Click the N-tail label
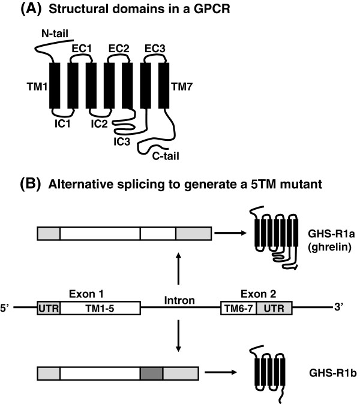[x=55, y=34]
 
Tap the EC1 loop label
[x=82, y=49]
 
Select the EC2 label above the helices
[x=119, y=49]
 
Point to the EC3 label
[x=155, y=49]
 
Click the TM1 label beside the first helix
[x=37, y=86]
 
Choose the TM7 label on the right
[x=182, y=86]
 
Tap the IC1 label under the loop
[x=62, y=124]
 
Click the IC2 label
[x=99, y=124]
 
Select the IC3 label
[x=122, y=141]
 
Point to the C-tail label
[x=166, y=156]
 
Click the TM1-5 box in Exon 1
[x=100, y=308]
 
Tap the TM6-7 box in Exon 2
[x=239, y=308]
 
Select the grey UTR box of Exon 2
[x=274, y=308]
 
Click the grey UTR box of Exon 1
[x=49, y=308]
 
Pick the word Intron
[x=179, y=300]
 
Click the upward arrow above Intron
[x=178, y=269]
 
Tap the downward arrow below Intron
[x=178, y=336]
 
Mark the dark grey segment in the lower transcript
[x=152, y=373]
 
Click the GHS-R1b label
[x=333, y=373]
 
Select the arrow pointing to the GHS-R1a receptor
[x=230, y=233]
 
